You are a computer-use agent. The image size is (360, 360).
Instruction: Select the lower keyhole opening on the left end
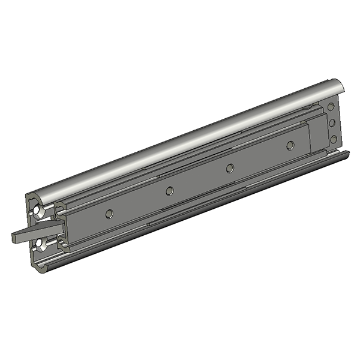coord(40,242)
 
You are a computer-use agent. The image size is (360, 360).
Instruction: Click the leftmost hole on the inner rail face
coord(109,214)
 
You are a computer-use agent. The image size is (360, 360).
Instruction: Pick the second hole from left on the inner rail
coord(170,191)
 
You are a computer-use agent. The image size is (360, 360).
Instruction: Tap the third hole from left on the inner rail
coord(230,168)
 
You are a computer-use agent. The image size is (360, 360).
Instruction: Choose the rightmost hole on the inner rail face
coord(290,145)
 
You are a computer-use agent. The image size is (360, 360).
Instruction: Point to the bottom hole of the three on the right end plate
coord(333,140)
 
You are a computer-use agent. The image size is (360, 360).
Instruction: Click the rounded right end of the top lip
coord(337,85)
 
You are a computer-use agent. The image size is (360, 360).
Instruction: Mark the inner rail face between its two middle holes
coord(200,180)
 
